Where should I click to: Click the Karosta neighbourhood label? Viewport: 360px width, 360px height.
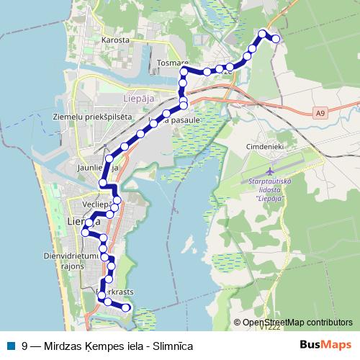[x=115, y=40]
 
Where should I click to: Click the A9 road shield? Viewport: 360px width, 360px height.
[x=320, y=112]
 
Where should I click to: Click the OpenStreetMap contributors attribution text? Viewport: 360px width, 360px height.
[x=297, y=323]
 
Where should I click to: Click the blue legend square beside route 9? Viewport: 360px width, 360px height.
[x=9, y=346]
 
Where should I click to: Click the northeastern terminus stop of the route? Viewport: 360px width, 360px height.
[x=276, y=39]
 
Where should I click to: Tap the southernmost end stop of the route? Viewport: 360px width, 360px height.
[x=126, y=307]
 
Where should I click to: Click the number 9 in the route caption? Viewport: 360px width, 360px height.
[x=25, y=346]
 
